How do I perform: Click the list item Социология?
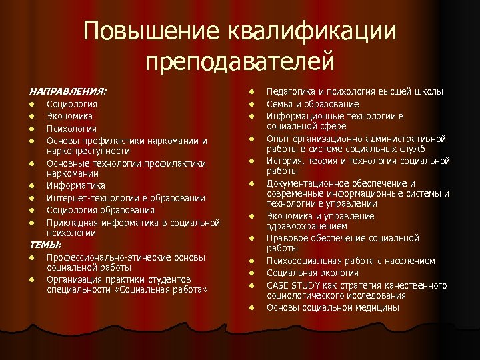tap(71, 104)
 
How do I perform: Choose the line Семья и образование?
tap(313, 104)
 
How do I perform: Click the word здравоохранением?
tap(307, 226)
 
